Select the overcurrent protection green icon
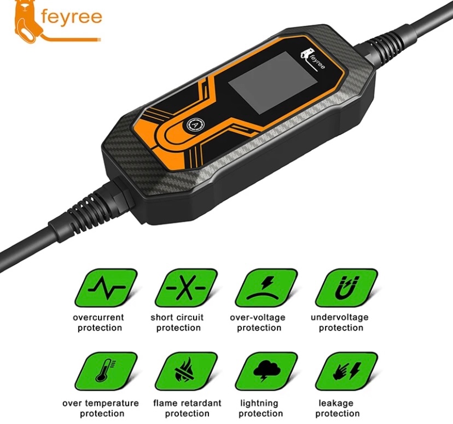(x=106, y=288)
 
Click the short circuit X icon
(x=186, y=288)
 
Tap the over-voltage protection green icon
(x=266, y=288)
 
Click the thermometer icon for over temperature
(x=106, y=371)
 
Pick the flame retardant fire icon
(x=186, y=371)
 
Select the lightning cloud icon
(x=266, y=371)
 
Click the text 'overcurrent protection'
(x=99, y=323)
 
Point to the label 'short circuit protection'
(x=178, y=323)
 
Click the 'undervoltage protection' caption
(x=340, y=323)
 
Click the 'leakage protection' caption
(x=336, y=408)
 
